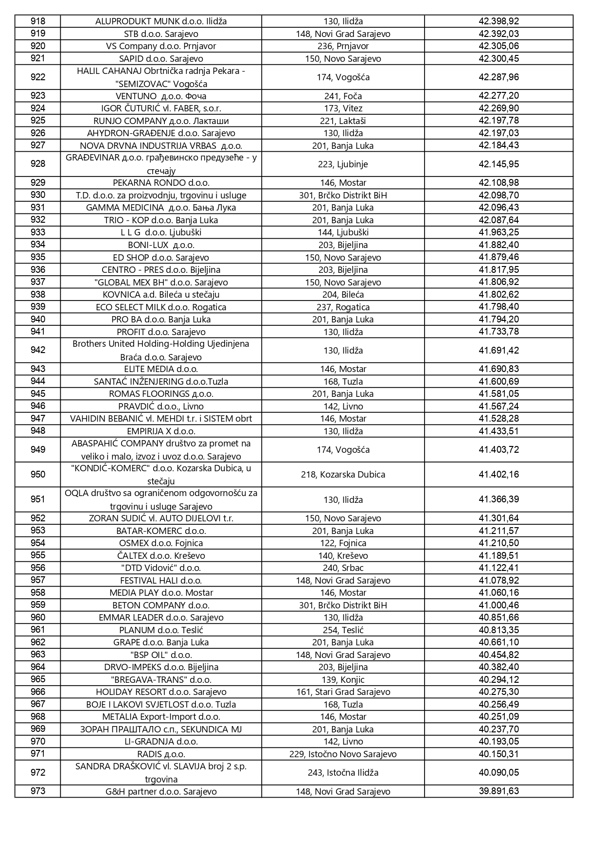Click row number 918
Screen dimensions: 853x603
(38, 21)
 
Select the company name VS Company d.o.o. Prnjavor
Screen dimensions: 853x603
(161, 46)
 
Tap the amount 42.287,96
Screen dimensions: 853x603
(498, 77)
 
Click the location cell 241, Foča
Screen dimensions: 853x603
(343, 96)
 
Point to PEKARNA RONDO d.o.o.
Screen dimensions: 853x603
(161, 183)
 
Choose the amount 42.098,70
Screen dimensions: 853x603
(498, 195)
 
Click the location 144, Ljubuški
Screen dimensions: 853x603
(343, 232)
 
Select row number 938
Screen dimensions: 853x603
(38, 295)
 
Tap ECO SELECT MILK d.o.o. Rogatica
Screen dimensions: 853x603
(161, 307)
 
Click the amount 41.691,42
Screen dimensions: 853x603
(498, 351)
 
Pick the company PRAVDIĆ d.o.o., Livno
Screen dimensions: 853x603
(161, 407)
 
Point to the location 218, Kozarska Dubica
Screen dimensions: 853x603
(343, 475)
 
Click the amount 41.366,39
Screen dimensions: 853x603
(498, 499)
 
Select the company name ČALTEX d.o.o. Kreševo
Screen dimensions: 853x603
(161, 556)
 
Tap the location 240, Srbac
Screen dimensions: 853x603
(343, 568)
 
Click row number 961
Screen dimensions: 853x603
(38, 630)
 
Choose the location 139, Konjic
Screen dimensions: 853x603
(343, 680)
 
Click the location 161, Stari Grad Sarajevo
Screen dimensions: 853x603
(343, 692)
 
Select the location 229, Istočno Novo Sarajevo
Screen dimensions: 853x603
(343, 754)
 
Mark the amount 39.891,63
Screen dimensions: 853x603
(498, 791)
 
